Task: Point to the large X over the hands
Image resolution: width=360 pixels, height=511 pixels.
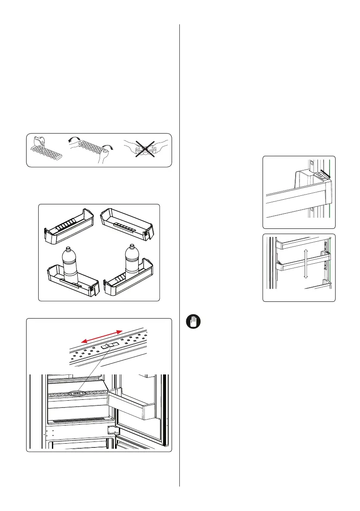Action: (x=145, y=149)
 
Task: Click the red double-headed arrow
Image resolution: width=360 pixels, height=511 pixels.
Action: (x=102, y=335)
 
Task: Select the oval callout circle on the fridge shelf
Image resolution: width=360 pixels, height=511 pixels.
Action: (x=77, y=392)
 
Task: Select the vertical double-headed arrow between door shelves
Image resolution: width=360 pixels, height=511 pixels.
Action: (x=305, y=265)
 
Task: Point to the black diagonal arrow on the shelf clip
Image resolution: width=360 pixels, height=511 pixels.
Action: (x=326, y=173)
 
